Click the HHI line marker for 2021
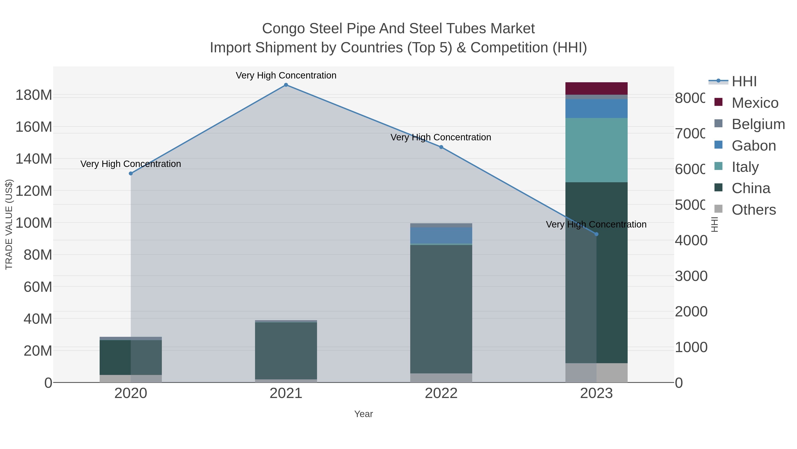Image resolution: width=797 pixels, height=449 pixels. click(x=286, y=85)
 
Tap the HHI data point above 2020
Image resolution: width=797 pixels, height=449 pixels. click(x=131, y=174)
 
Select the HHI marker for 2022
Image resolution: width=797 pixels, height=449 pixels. click(x=441, y=147)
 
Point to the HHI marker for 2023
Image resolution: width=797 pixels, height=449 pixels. click(x=596, y=234)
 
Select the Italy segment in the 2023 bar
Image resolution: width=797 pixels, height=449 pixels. click(x=596, y=150)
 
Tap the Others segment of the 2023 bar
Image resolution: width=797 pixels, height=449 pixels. click(x=596, y=373)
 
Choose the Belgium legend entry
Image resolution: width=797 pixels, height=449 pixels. click(x=758, y=124)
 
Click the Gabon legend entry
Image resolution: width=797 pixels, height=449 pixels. click(x=754, y=146)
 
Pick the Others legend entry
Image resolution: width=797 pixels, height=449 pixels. click(x=754, y=210)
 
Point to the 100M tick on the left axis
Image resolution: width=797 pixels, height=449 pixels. click(x=34, y=223)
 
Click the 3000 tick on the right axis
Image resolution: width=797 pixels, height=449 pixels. click(x=691, y=276)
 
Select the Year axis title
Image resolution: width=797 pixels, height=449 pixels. click(x=364, y=414)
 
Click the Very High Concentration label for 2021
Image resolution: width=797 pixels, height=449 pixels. click(x=286, y=76)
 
